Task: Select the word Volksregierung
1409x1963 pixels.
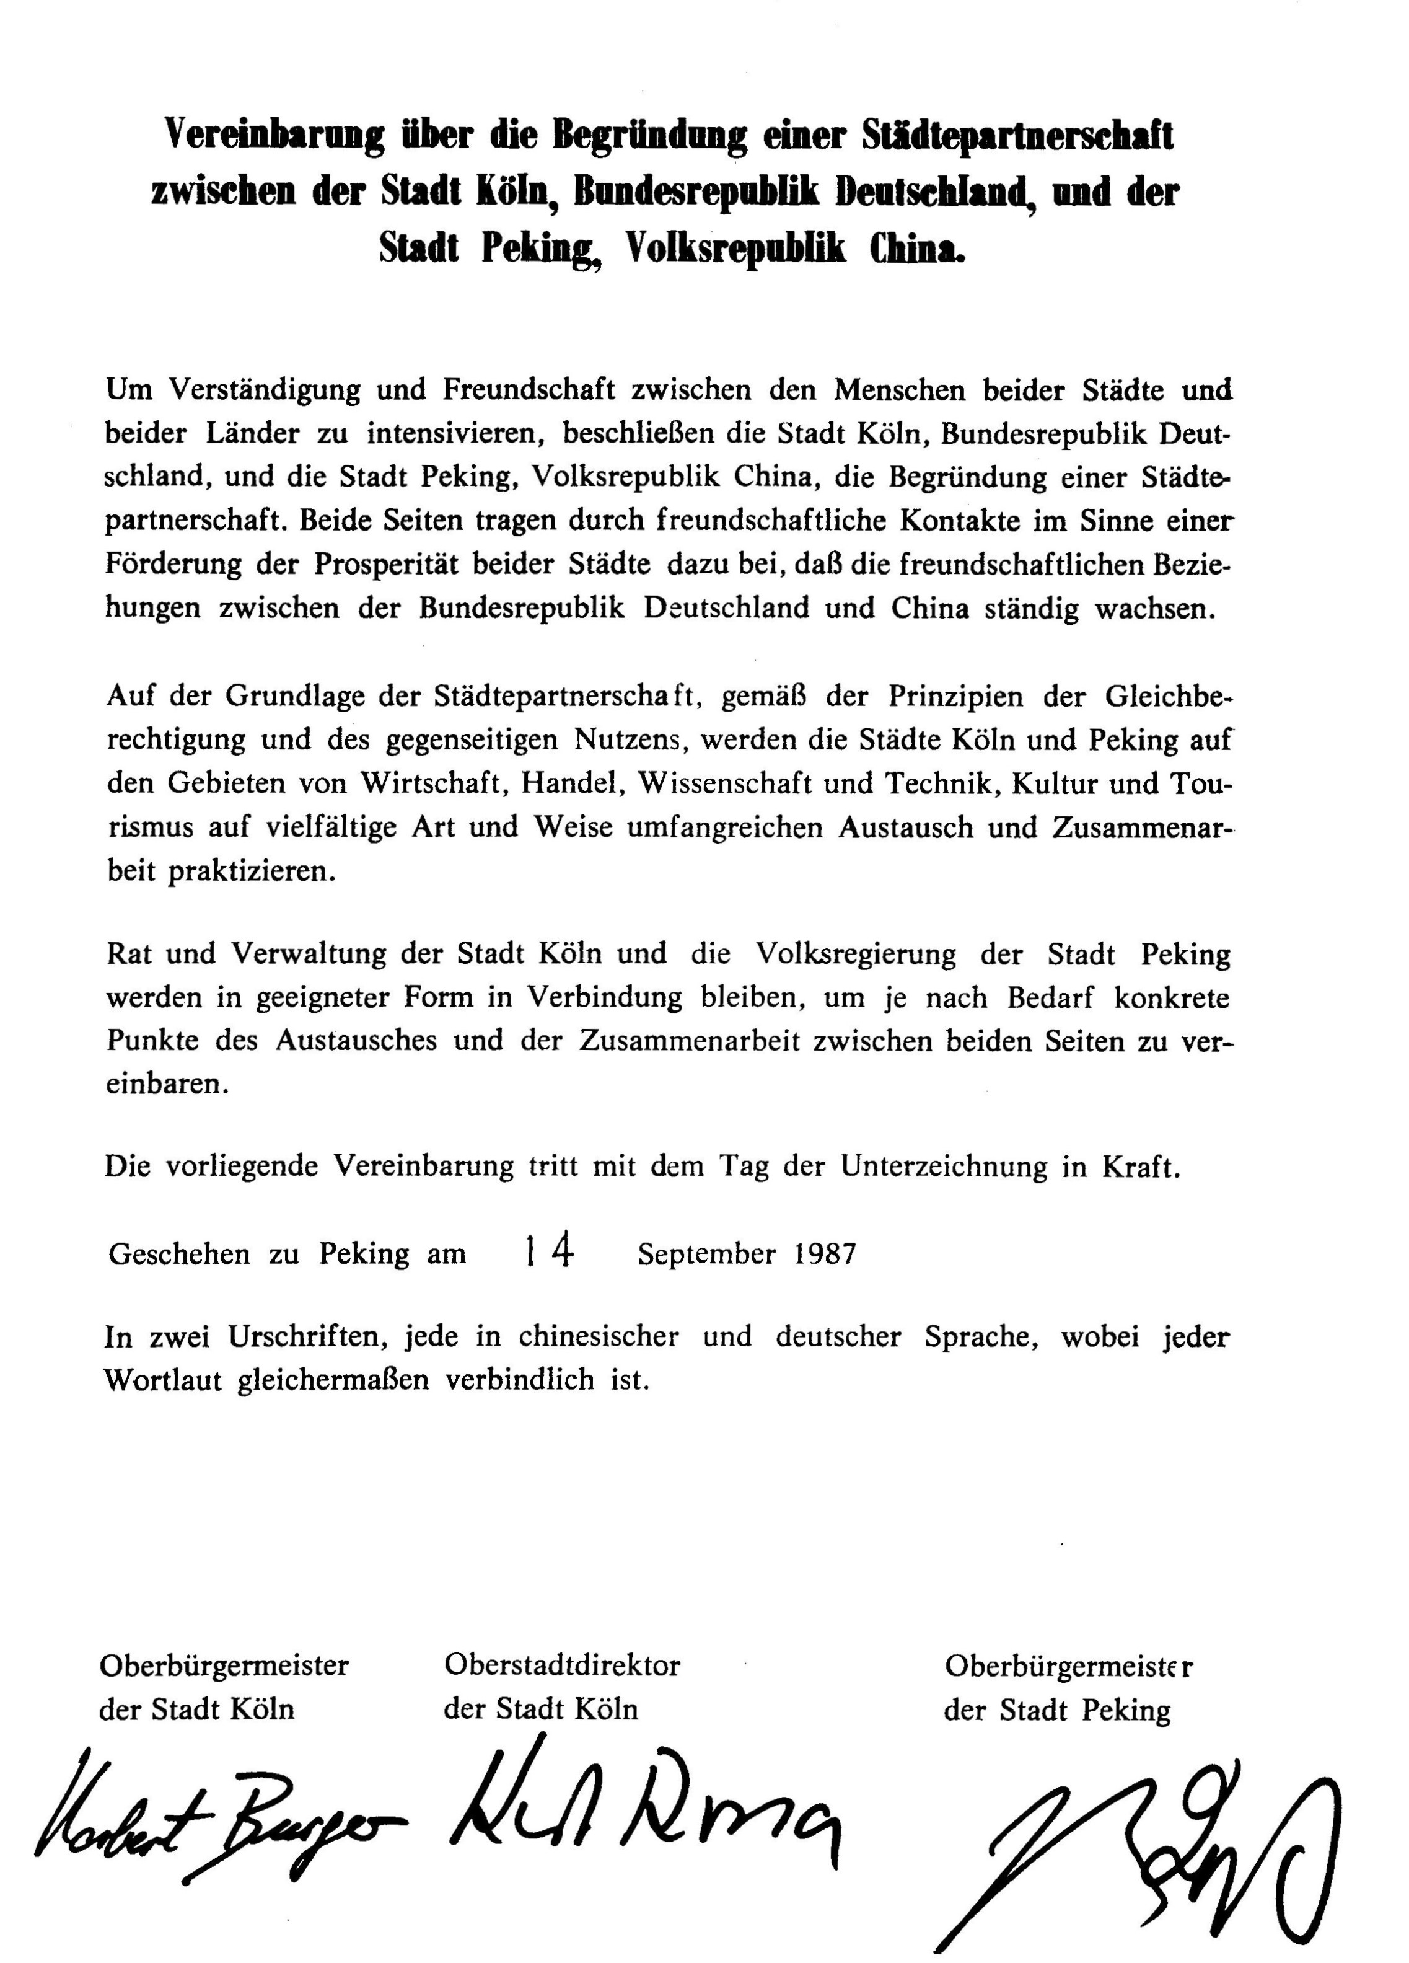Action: pos(856,954)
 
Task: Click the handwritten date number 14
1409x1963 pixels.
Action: pos(550,1253)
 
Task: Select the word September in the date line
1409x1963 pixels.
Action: pos(706,1254)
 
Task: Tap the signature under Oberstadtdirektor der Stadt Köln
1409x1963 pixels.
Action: pos(645,1809)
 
